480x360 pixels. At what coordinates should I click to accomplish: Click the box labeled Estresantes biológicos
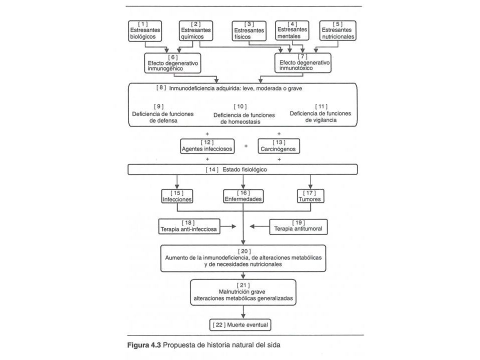[x=145, y=30]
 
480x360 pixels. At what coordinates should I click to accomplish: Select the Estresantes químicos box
[x=195, y=30]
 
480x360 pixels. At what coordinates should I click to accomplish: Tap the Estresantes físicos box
[x=249, y=31]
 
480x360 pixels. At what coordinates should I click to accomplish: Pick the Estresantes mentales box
[x=292, y=30]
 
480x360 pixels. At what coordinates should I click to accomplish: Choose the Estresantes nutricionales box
[x=337, y=30]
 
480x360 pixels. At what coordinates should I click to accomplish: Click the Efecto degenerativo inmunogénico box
[x=172, y=63]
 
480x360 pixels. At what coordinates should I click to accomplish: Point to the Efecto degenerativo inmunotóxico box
[x=303, y=63]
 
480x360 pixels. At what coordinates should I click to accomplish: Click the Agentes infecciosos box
[x=207, y=146]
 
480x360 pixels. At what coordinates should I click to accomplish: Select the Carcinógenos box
[x=278, y=146]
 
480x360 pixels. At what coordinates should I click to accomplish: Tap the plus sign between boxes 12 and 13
[x=246, y=146]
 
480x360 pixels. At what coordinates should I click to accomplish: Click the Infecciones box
[x=177, y=196]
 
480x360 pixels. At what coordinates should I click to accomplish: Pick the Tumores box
[x=310, y=196]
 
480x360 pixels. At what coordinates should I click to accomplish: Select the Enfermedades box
[x=243, y=196]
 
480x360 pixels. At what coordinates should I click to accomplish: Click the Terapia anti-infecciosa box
[x=189, y=226]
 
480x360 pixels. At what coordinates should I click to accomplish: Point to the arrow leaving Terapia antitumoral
[x=259, y=226]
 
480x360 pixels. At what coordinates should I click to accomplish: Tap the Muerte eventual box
[x=240, y=325]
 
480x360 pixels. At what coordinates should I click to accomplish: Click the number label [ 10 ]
[x=240, y=106]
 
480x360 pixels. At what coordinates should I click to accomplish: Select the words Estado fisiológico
[x=244, y=169]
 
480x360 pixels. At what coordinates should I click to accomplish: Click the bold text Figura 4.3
[x=144, y=345]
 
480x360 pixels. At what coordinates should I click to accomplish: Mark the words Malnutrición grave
[x=242, y=291]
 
